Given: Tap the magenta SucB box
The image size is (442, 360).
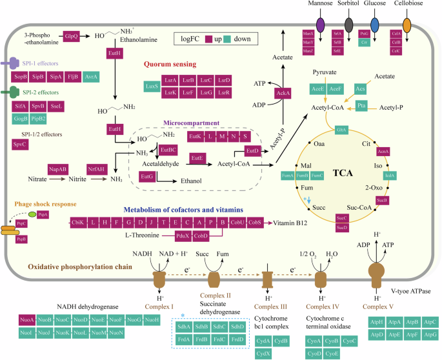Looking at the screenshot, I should [x=382, y=201].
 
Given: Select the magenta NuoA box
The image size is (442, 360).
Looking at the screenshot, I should [x=27, y=319].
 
